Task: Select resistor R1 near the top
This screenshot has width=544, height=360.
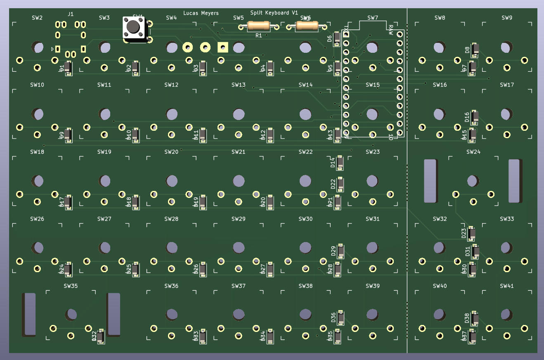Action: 258,26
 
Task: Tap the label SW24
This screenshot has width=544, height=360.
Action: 473,152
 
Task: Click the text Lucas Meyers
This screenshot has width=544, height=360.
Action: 201,13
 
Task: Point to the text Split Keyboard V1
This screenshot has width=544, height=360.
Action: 274,13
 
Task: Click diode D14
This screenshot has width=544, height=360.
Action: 340,163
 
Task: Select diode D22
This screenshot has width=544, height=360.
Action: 340,184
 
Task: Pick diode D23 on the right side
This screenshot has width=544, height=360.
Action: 471,233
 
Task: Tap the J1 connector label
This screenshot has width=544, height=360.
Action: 71,14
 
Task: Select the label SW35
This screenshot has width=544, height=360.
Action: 71,286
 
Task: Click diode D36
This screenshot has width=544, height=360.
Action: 341,318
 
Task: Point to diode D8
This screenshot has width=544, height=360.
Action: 475,50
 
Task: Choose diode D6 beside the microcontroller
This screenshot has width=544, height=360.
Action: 337,39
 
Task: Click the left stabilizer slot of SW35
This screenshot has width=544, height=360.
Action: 29,314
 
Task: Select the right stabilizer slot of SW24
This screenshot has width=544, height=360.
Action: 514,181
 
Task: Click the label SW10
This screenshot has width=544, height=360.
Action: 37,85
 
